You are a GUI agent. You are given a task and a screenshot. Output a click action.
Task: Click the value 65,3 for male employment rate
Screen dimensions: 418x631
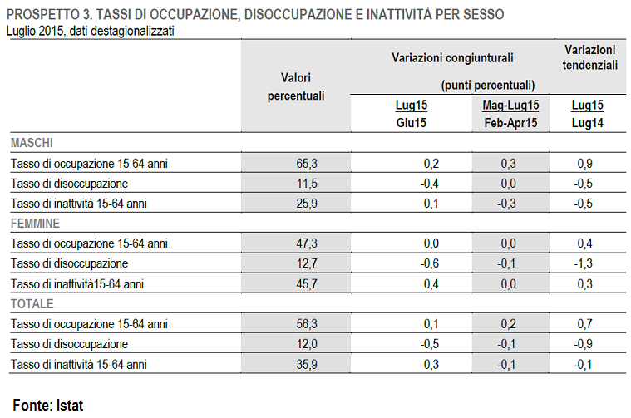tap(307, 164)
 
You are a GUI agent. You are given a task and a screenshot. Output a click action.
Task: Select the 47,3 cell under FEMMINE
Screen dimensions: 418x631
tap(307, 243)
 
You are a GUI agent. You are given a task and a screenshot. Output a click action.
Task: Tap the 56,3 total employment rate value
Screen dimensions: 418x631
tap(307, 324)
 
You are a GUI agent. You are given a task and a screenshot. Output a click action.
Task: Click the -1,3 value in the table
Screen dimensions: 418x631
tap(584, 263)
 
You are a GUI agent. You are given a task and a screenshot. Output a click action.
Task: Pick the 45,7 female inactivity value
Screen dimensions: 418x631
tap(307, 284)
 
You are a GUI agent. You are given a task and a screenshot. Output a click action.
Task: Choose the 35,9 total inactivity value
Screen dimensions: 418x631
tap(307, 364)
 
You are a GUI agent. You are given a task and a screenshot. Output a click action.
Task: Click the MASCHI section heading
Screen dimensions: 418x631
tap(32, 143)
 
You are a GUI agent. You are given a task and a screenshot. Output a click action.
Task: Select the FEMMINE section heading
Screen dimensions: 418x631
tap(35, 223)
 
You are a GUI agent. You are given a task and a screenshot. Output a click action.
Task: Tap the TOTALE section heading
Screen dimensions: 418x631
tap(32, 303)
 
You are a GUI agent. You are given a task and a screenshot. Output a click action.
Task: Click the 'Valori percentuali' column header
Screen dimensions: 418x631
tap(295, 86)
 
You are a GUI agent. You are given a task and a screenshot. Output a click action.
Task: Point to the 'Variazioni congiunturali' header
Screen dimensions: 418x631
tap(452, 58)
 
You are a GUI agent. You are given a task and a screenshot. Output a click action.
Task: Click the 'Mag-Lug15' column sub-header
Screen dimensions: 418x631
tap(510, 106)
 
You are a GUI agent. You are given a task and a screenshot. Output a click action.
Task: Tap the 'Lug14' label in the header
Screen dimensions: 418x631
tap(587, 123)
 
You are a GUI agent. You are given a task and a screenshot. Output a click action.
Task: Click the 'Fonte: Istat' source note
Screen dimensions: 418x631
tap(48, 406)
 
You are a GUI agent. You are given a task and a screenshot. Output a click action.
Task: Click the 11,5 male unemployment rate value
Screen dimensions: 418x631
tap(307, 184)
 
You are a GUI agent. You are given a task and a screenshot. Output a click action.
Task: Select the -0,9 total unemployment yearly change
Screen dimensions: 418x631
tap(584, 344)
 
